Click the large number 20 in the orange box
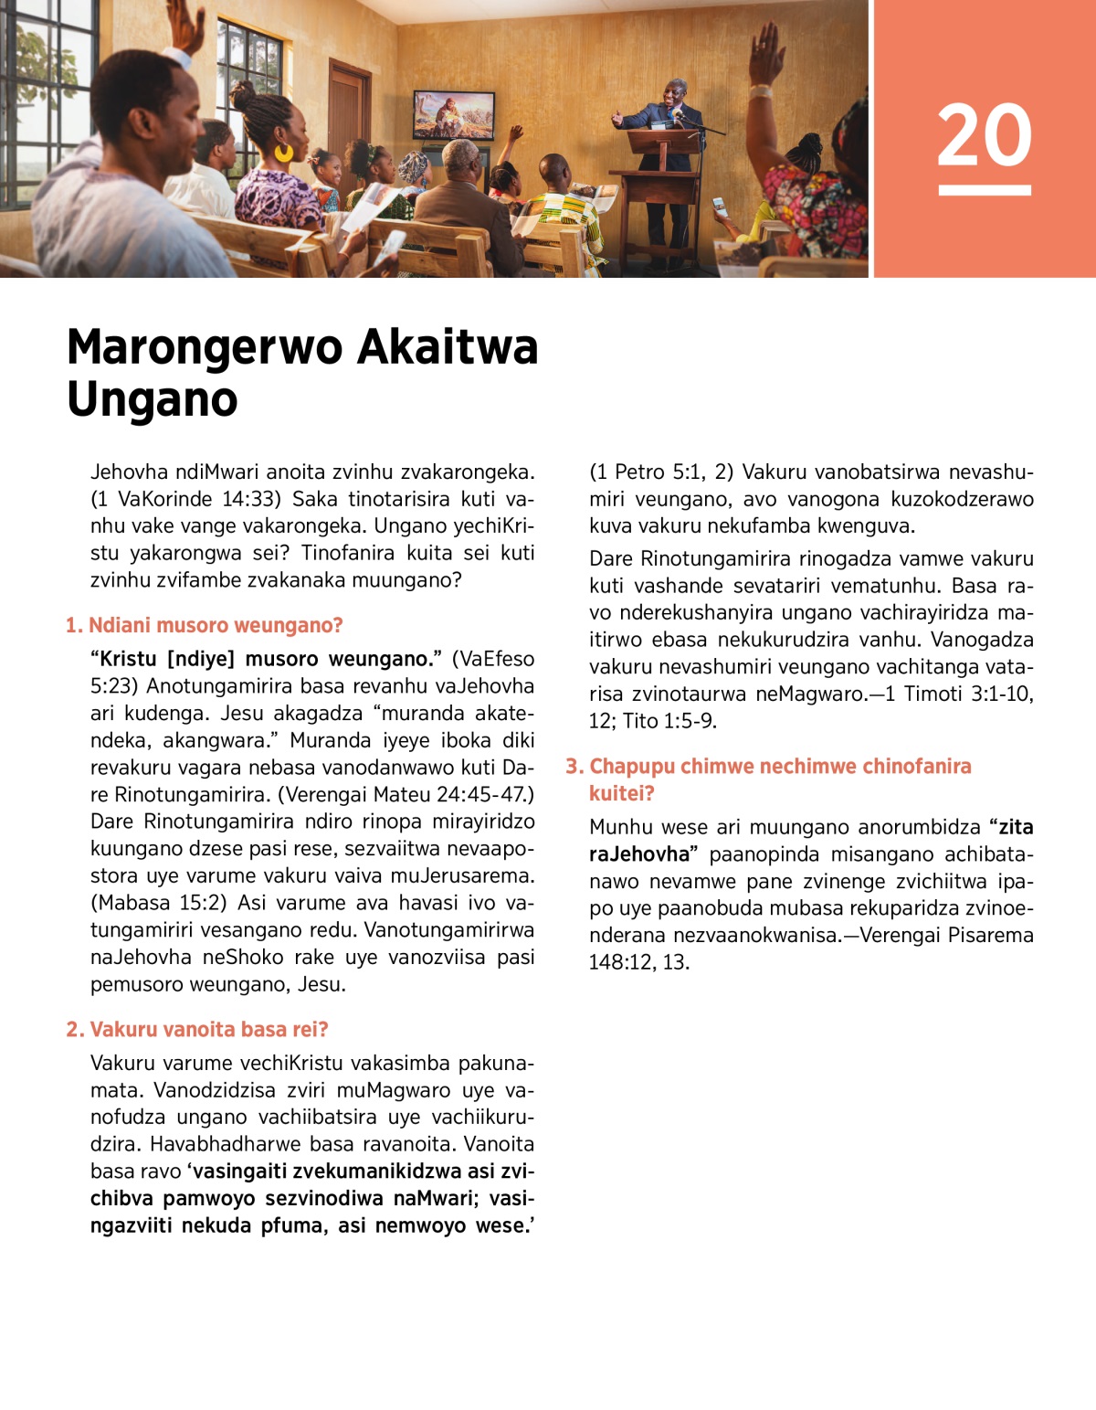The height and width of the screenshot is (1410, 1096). click(x=984, y=135)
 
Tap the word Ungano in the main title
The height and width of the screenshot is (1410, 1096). click(x=153, y=399)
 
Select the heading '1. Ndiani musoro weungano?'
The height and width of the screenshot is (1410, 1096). click(x=204, y=626)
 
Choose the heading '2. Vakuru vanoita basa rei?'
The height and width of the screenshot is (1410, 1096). click(x=196, y=1030)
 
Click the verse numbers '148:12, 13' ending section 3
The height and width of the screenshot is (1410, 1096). click(x=639, y=962)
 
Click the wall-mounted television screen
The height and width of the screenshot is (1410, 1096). click(x=453, y=114)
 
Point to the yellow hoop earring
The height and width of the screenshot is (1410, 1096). click(x=284, y=152)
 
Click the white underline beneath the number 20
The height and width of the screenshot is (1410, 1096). click(x=984, y=190)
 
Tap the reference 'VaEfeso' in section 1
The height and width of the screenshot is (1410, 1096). click(x=493, y=659)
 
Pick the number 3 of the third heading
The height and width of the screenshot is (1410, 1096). click(x=573, y=767)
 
